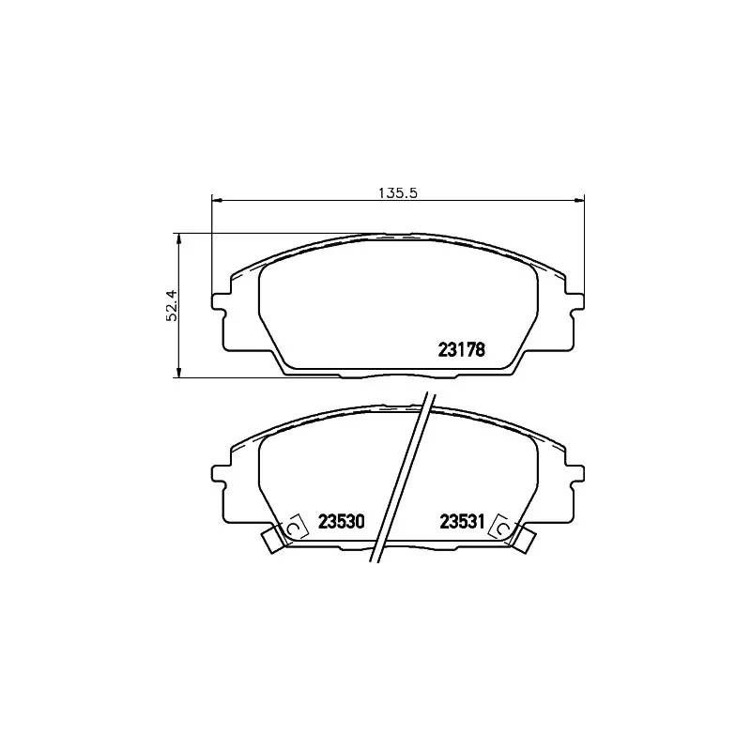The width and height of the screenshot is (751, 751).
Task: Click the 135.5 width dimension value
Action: click(398, 193)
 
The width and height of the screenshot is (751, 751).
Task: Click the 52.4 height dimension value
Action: click(172, 306)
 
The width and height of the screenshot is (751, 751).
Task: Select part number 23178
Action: click(462, 350)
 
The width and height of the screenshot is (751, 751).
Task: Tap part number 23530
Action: click(342, 522)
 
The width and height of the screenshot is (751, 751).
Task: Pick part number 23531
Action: click(463, 522)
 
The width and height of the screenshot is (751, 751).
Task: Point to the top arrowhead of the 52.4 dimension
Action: click(178, 239)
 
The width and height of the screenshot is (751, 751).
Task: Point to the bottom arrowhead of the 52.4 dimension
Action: click(178, 372)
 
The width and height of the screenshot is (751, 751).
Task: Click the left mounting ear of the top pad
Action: click(219, 301)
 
